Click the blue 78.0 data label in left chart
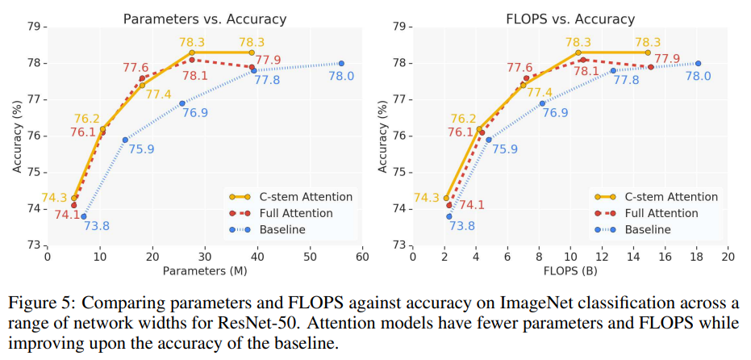click(341, 76)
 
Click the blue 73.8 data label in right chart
click(461, 227)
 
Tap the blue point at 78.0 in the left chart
click(341, 63)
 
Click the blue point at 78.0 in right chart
click(698, 63)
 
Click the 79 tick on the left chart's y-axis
click(35, 27)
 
